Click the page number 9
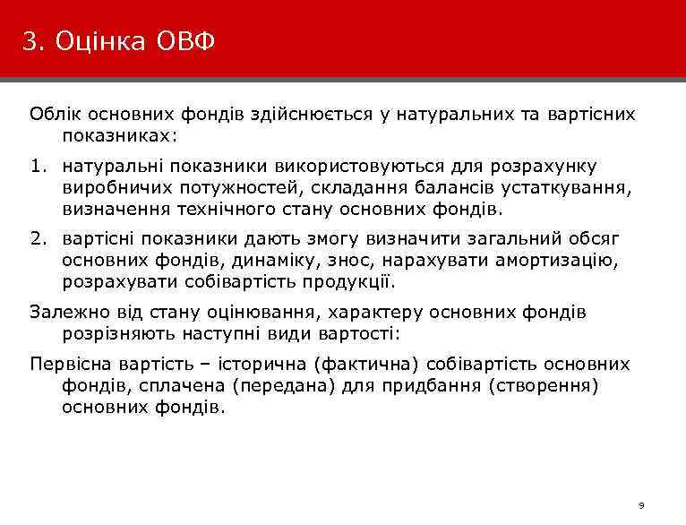640,506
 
